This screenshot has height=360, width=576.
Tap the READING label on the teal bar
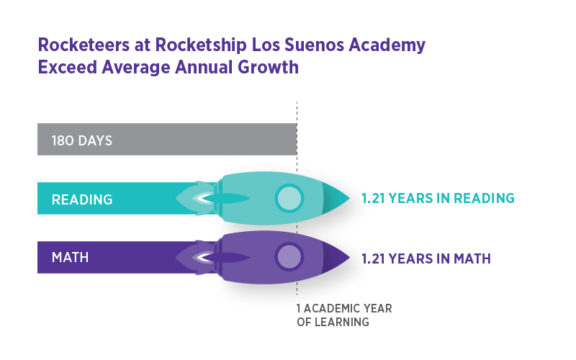82,199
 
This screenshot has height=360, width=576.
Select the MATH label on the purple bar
71,257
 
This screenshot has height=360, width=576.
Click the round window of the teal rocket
289,198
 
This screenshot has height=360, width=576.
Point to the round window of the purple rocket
289,256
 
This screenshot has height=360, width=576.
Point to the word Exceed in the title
64,68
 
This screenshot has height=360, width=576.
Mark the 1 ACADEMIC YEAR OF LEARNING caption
344,315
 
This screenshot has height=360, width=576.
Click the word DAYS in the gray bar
94,140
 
